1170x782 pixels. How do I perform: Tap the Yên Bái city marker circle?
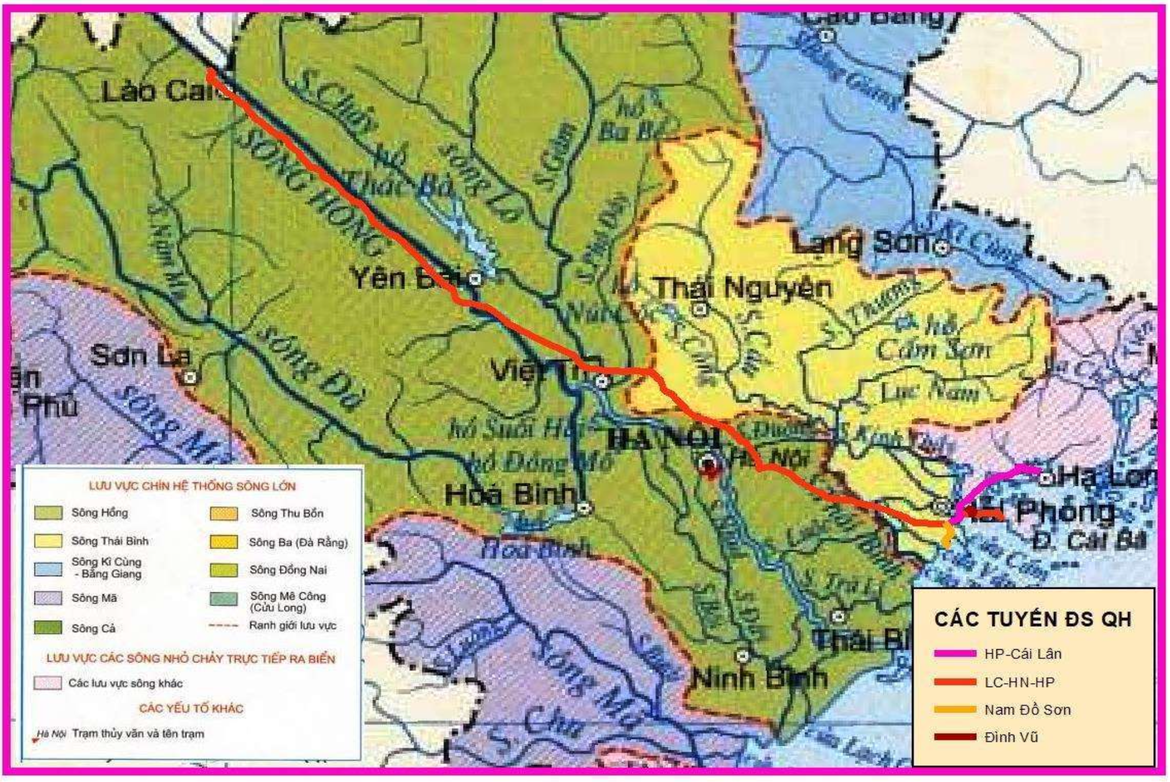[475, 279]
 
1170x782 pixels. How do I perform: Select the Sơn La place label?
[140, 356]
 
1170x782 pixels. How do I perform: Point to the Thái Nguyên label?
[744, 287]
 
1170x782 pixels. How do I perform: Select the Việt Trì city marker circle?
[602, 381]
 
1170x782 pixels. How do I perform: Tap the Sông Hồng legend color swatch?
[48, 513]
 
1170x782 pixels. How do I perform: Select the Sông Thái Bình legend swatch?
[48, 541]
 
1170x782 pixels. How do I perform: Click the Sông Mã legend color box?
[48, 598]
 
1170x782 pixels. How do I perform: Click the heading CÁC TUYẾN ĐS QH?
[1033, 619]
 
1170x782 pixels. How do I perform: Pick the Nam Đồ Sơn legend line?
[955, 710]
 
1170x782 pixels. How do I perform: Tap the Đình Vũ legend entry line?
[955, 737]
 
